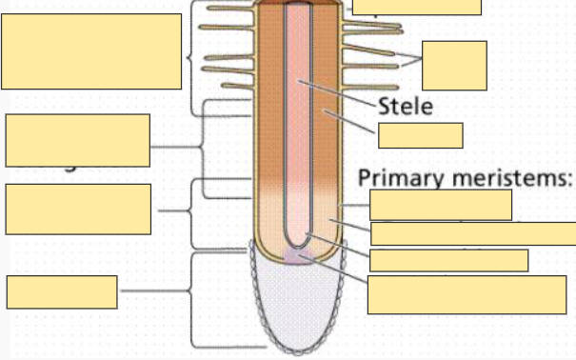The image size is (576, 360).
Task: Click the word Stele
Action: pos(407,106)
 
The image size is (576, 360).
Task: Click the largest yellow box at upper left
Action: pos(91,51)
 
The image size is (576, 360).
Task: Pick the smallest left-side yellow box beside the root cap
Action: pos(62,292)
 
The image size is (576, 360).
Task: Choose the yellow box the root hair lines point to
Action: pos(454,66)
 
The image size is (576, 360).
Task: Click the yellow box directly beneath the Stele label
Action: pos(420,135)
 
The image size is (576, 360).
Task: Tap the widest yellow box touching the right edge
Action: pos(472,233)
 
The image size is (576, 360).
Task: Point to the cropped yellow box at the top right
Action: pos(416,7)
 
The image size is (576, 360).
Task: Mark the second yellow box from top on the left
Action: pos(77,140)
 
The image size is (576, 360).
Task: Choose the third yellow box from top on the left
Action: pos(77,209)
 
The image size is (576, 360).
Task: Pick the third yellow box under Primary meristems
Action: pos(448,260)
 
